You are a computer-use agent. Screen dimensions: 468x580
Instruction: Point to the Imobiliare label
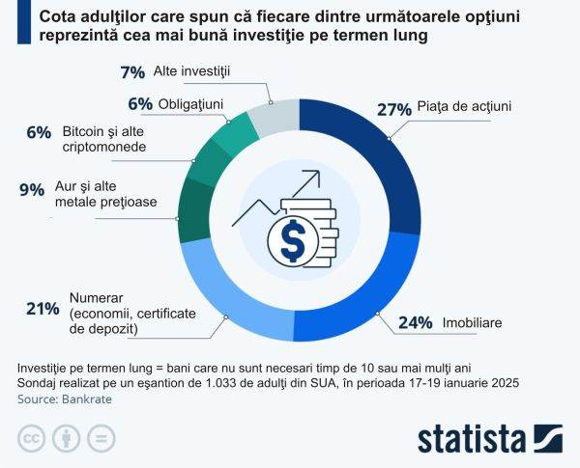click(x=473, y=323)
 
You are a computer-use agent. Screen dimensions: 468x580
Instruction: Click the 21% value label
click(x=43, y=309)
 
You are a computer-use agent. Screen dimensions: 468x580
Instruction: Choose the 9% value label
click(x=32, y=190)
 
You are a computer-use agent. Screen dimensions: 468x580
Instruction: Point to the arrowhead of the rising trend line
click(x=315, y=177)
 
